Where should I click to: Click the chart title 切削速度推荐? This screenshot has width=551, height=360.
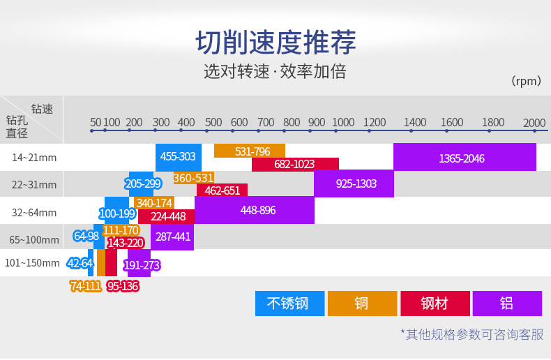click(x=275, y=43)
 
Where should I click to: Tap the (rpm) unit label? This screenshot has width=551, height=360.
click(x=526, y=81)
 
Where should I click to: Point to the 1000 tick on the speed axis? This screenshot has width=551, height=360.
click(x=342, y=123)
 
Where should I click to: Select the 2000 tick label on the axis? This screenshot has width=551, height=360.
click(x=534, y=123)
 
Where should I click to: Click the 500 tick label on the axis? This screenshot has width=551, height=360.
click(x=213, y=123)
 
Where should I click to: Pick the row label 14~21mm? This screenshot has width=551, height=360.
click(x=34, y=158)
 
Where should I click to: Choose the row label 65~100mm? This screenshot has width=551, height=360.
click(x=34, y=240)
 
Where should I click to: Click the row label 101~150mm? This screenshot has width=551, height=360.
click(x=32, y=263)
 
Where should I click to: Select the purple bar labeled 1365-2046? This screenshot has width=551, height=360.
click(x=465, y=158)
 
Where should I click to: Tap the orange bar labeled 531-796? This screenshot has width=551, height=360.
click(x=250, y=151)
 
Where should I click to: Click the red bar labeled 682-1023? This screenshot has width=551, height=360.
click(x=295, y=164)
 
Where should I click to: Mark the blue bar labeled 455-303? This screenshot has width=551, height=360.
click(x=178, y=157)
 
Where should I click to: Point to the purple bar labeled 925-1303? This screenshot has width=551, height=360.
click(x=354, y=183)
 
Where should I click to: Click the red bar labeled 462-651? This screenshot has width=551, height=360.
click(x=222, y=190)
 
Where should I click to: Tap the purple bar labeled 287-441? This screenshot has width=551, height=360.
click(x=172, y=237)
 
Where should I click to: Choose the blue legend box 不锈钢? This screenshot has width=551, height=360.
click(x=289, y=303)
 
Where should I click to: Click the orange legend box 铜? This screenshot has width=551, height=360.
click(x=362, y=303)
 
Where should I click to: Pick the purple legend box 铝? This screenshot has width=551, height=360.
click(x=507, y=303)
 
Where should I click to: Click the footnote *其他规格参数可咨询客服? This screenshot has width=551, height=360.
click(x=471, y=334)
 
